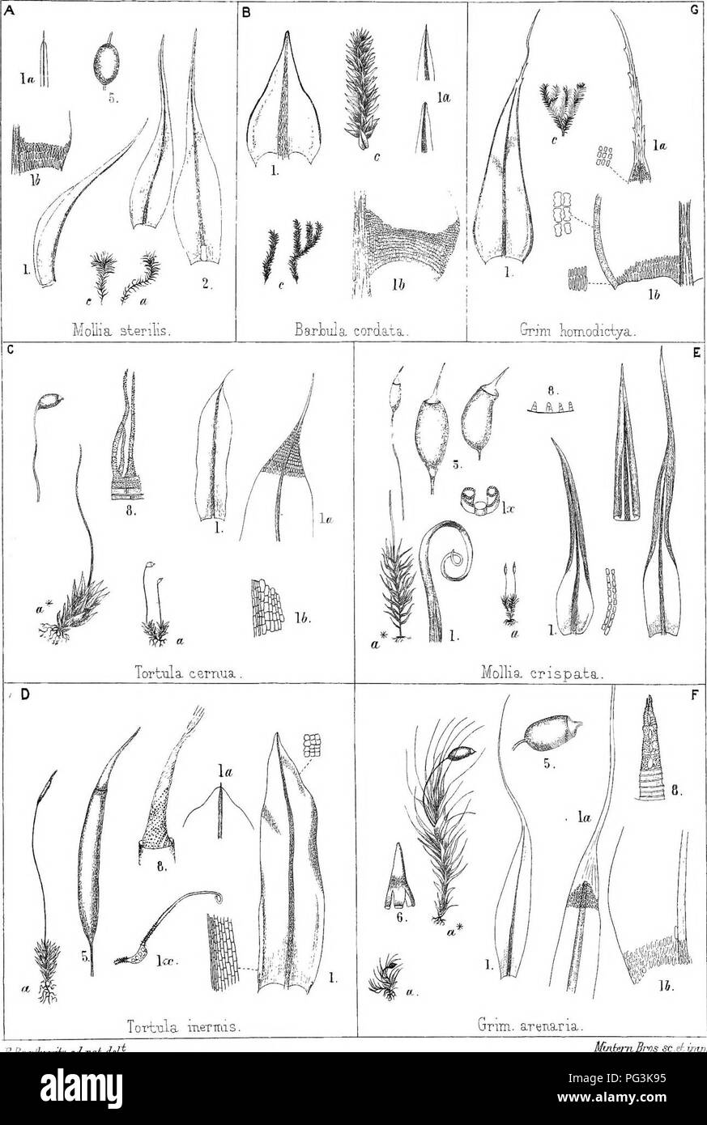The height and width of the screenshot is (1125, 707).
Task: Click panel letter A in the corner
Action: point(6,8)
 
